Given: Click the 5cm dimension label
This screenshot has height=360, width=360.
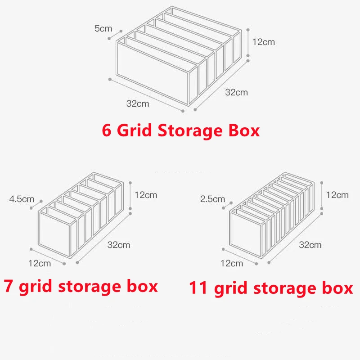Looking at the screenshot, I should point(103,28).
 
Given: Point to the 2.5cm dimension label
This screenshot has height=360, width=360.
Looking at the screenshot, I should point(213,198).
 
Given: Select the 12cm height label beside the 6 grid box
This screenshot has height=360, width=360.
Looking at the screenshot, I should point(263,42).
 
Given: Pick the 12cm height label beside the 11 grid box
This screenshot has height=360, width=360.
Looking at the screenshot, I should point(337,195).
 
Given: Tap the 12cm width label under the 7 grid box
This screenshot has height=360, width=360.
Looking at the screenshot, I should point(40,263).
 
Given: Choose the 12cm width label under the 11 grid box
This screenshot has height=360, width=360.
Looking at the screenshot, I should point(232,263).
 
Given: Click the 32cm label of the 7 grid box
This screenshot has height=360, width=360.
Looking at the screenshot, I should point(119,245).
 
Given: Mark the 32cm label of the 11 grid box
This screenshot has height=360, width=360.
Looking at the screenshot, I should point(310,245).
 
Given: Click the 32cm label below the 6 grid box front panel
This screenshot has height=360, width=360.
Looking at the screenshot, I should point(137,103).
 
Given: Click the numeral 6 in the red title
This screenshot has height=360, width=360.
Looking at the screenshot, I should point(107,130).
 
